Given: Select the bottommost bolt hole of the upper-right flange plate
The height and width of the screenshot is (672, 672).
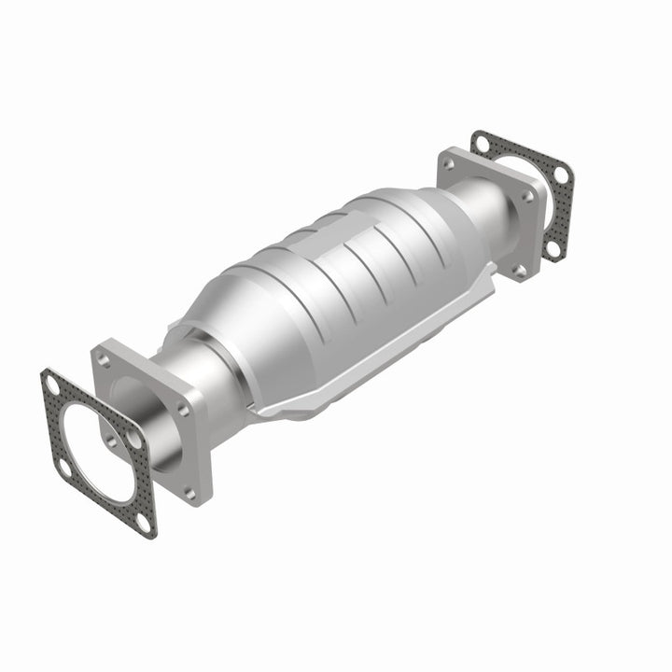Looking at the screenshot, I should pos(519,270).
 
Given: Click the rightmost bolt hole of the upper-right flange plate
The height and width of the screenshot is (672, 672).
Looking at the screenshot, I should pos(529,196).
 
